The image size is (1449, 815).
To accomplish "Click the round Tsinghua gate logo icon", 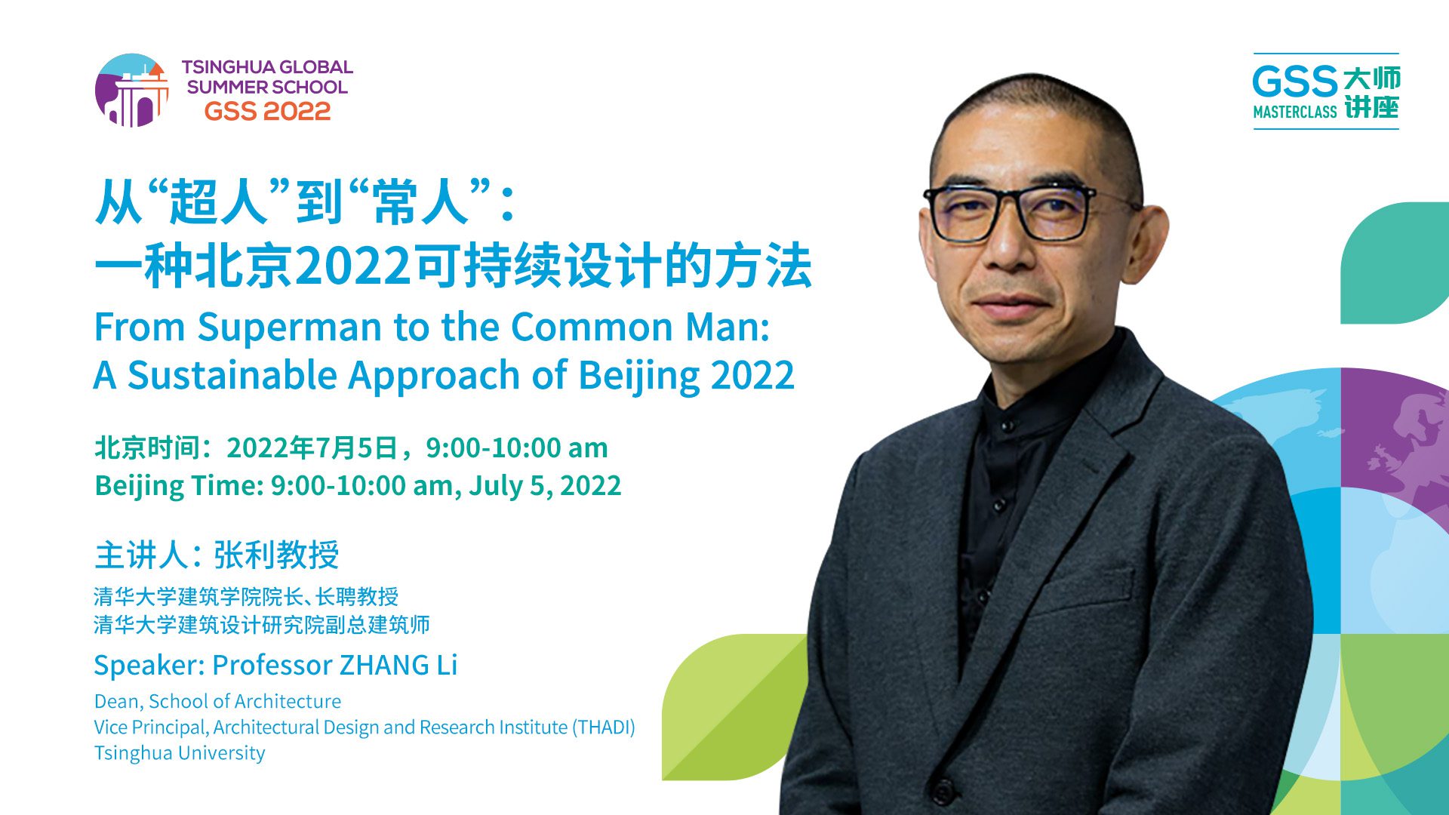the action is point(132,90).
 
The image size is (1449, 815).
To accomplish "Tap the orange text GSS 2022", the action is point(267,112).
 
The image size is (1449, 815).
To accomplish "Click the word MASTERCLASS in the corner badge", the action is point(1295,112).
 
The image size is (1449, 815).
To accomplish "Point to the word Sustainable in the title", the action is point(231,375).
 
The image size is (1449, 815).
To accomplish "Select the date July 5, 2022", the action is point(545,486).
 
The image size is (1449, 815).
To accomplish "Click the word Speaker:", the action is point(149,666).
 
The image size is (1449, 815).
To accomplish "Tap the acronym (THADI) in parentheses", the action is point(604,727).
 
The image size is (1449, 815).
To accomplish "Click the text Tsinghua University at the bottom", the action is point(180,753).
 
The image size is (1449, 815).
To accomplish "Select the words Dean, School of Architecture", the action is point(217,702).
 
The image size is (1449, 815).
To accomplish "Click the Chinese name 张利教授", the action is point(276,555).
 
